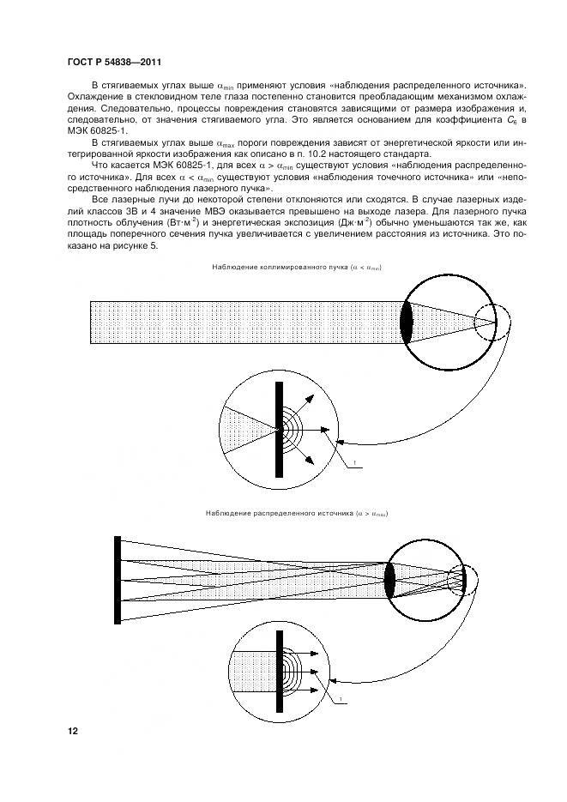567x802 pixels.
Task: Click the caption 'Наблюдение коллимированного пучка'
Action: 274,268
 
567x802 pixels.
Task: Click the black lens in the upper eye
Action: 407,322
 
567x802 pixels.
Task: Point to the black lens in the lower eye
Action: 389,580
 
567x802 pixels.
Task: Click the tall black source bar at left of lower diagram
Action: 117,579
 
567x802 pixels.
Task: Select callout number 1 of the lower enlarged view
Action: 341,701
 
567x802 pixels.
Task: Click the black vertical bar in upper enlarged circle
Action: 279,429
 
